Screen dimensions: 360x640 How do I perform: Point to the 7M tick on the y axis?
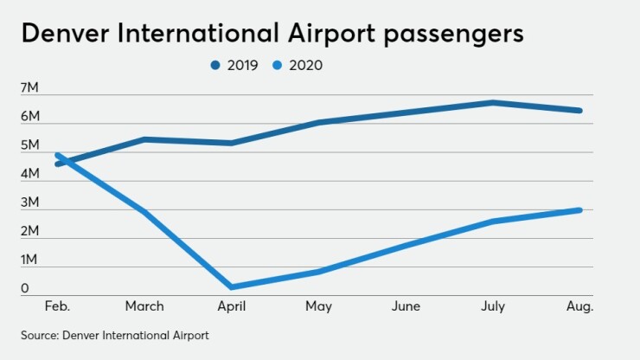tap(29, 88)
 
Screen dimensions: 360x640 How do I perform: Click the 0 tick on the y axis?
tap(26, 289)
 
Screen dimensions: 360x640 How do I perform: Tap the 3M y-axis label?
tap(29, 202)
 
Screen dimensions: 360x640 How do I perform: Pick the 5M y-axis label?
tap(29, 145)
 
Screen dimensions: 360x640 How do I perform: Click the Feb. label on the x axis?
tap(59, 306)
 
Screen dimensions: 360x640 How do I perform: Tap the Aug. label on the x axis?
tap(579, 306)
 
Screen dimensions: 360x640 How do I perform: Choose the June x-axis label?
tap(406, 306)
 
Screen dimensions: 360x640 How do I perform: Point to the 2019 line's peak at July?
tap(492, 102)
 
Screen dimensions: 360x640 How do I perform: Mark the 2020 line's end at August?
tap(579, 210)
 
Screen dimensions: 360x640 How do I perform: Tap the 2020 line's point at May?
tap(319, 272)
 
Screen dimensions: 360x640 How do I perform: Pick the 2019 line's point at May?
tap(319, 122)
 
